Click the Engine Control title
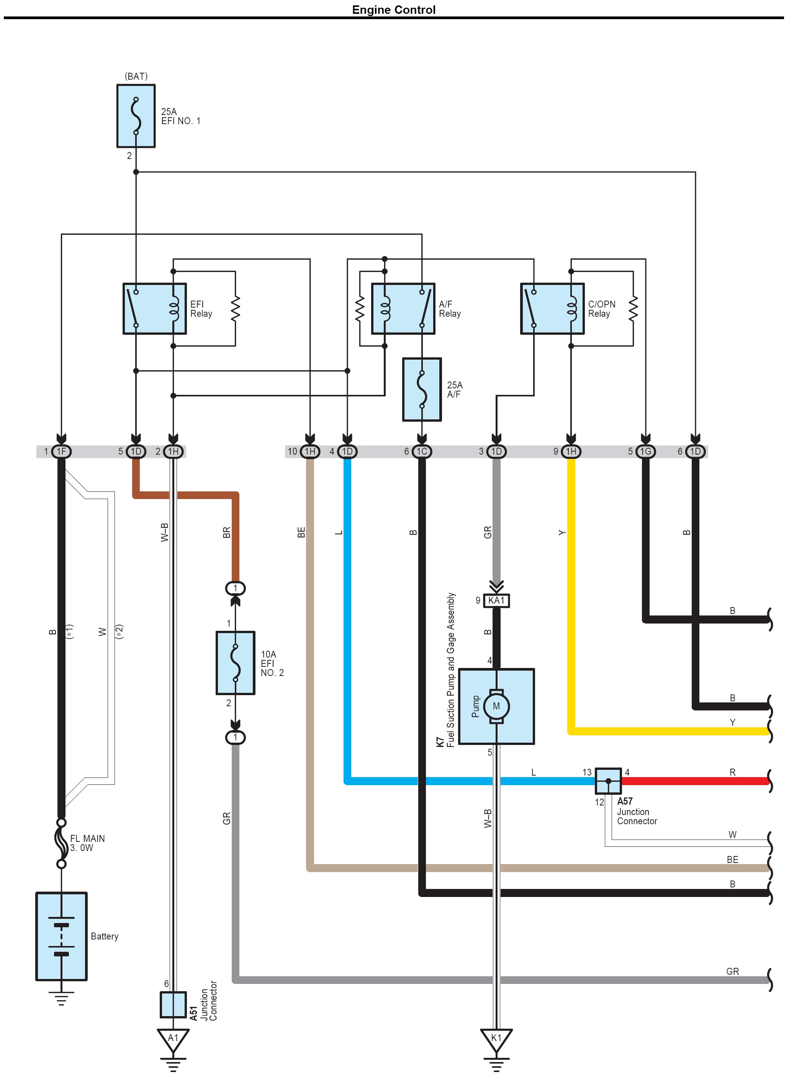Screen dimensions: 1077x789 pyautogui.click(x=394, y=10)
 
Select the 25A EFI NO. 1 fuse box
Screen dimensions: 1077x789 pyautogui.click(x=136, y=116)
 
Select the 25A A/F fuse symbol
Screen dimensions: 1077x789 pyautogui.click(x=422, y=389)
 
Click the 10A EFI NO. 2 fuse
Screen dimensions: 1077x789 pyautogui.click(x=235, y=663)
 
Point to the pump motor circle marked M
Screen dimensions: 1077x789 pyautogui.click(x=496, y=706)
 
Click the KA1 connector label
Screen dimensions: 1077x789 pyautogui.click(x=496, y=600)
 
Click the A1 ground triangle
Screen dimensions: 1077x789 pyautogui.click(x=173, y=1039)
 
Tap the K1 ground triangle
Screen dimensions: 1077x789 pyautogui.click(x=496, y=1039)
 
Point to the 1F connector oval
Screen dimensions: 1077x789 pyautogui.click(x=61, y=451)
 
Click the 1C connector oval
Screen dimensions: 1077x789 pyautogui.click(x=422, y=451)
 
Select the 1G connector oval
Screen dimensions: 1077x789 pyautogui.click(x=645, y=451)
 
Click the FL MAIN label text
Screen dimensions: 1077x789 pyautogui.click(x=87, y=839)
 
